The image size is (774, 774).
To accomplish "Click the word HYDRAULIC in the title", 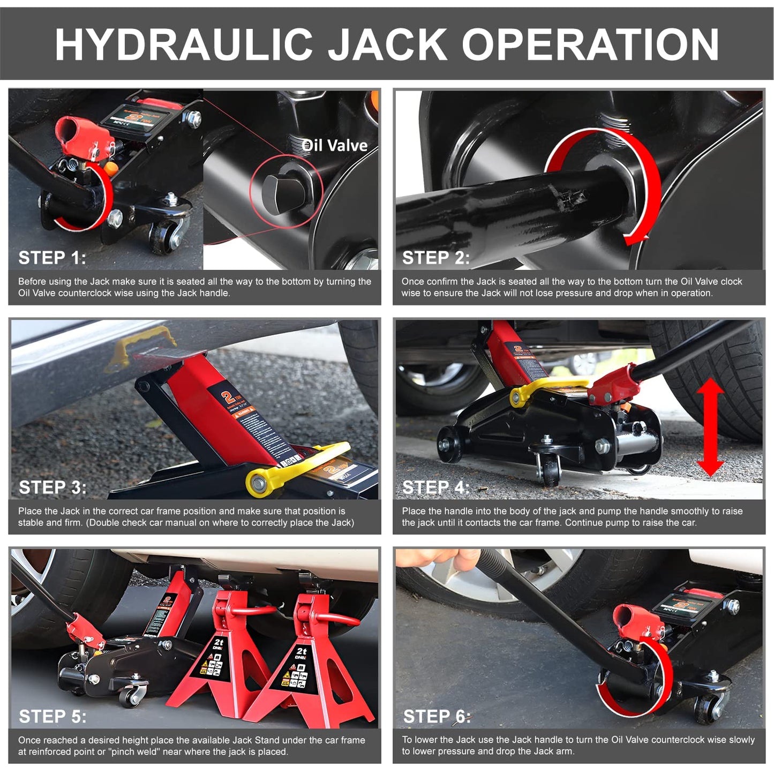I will tap(184, 44).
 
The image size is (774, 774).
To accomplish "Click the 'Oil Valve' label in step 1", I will tap(335, 146).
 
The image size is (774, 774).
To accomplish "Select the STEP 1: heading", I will tap(52, 258).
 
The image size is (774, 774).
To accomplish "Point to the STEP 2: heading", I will tap(436, 258).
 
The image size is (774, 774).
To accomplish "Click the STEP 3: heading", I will tap(52, 487).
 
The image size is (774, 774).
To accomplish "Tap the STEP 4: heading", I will tap(436, 487).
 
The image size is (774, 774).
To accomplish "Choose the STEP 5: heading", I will tap(52, 717).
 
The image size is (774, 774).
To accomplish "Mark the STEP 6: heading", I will tap(437, 717).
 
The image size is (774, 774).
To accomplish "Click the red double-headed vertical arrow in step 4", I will tap(710, 427).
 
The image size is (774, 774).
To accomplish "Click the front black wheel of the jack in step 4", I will tap(449, 445).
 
